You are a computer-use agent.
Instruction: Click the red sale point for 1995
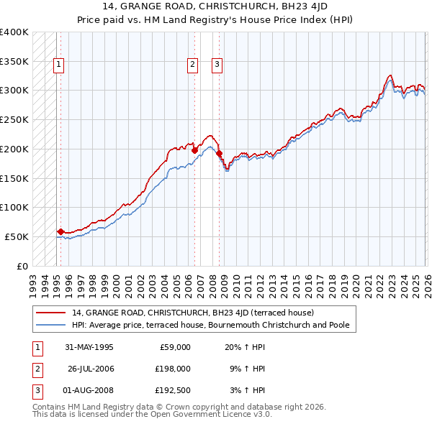click(60, 231)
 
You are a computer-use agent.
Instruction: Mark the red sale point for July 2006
click(194, 149)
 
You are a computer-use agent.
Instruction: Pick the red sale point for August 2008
click(219, 153)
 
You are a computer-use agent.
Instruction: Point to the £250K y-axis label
click(14, 120)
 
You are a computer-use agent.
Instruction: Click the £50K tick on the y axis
click(17, 236)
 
